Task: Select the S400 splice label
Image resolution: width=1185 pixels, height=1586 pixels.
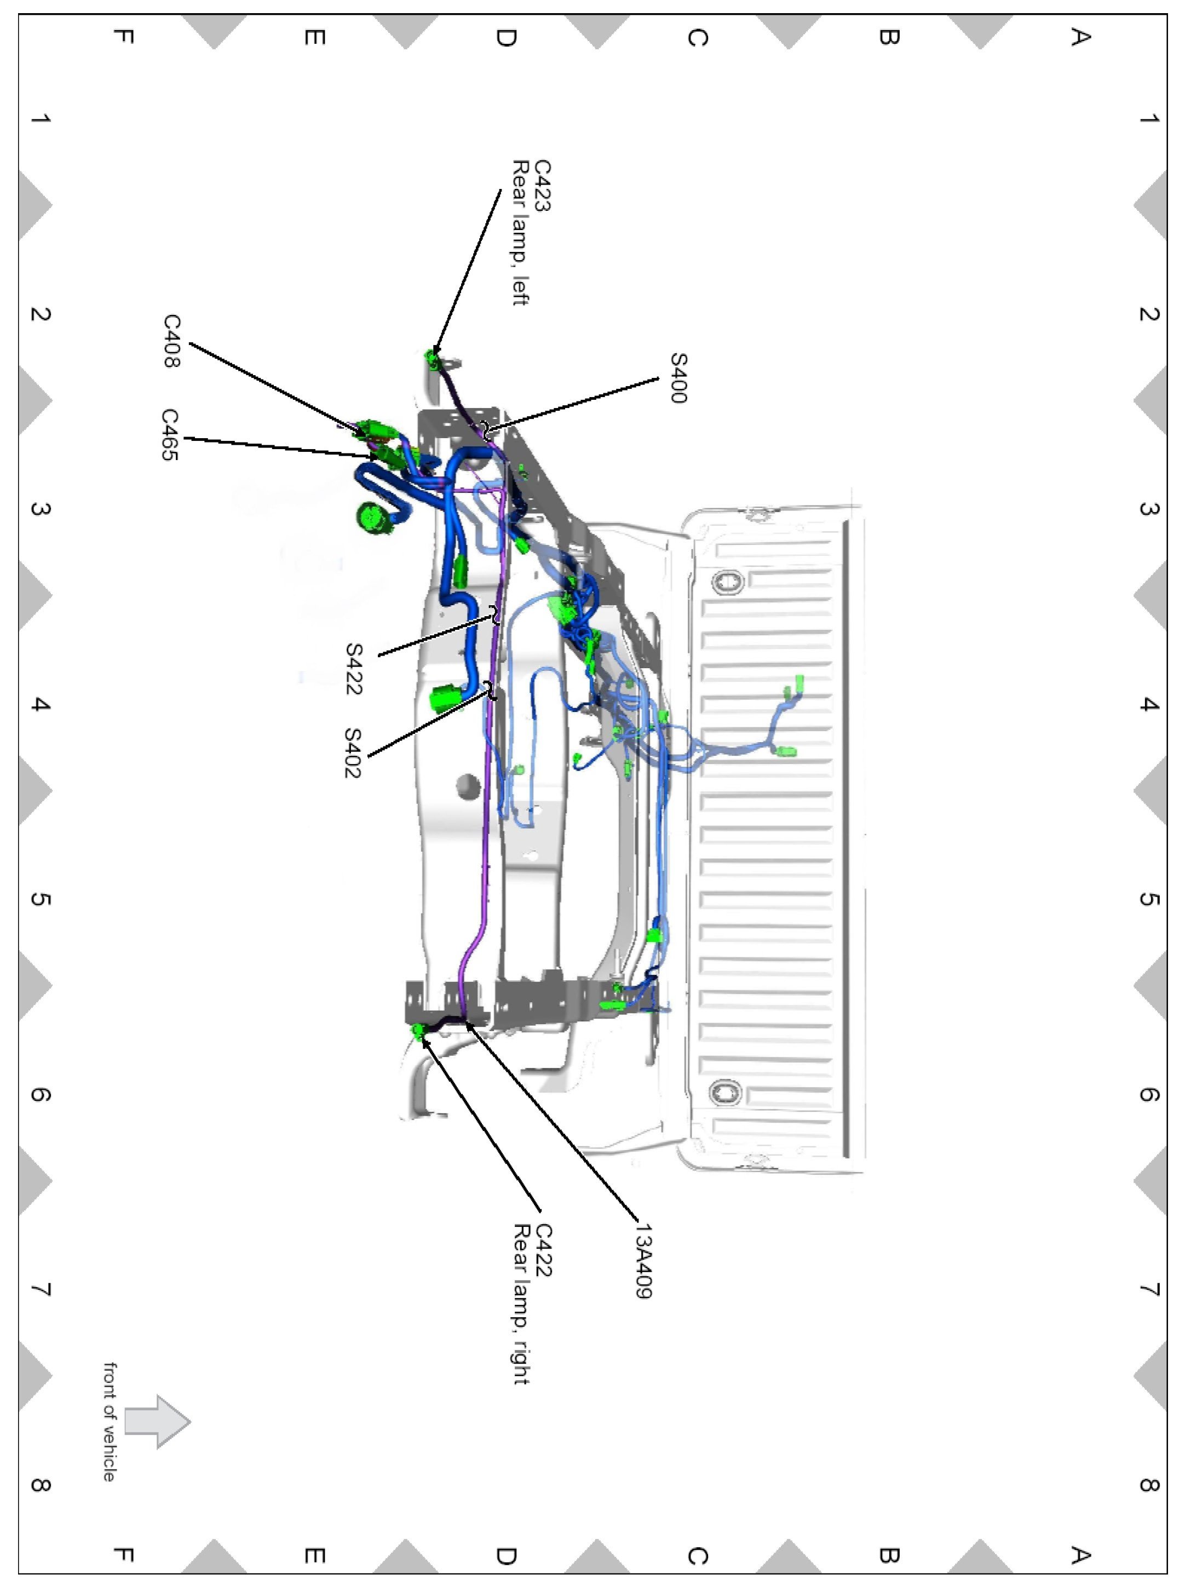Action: click(677, 378)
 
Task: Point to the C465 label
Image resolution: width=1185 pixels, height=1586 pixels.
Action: click(170, 434)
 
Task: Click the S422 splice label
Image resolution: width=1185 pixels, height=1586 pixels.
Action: click(353, 669)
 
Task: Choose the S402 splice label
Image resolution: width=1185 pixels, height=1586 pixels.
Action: click(353, 753)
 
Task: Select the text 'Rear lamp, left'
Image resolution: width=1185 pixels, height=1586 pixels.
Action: click(521, 233)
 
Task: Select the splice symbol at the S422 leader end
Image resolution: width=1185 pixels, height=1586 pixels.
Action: click(494, 614)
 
